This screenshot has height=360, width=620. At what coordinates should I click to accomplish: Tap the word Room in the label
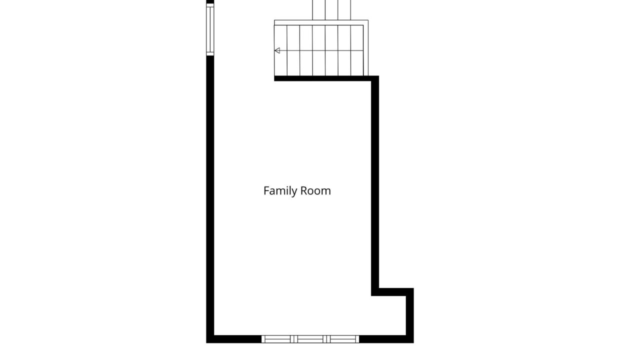pos(315,190)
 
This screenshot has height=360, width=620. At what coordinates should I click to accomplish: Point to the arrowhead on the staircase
pos(277,50)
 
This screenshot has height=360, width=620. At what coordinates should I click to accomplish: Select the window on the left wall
pos(210,29)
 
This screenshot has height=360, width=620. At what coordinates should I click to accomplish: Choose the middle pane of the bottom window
pos(310,339)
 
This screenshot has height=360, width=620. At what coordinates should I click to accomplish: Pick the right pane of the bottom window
pos(342,339)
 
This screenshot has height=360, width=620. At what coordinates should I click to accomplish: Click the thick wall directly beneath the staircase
pos(322,78)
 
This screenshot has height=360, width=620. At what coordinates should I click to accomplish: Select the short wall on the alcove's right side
pos(410,315)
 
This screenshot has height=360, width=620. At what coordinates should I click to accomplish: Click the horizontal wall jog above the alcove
pos(392,292)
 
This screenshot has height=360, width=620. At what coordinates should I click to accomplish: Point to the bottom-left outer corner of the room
pos(206,343)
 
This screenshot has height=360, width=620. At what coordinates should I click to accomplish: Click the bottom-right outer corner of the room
pos(413,343)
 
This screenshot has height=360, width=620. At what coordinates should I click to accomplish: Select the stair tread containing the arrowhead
pos(280,50)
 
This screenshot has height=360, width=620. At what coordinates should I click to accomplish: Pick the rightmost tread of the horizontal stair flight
pos(357,50)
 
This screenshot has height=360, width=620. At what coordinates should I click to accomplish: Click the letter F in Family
pos(266,190)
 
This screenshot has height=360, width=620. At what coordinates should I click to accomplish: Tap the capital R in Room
pos(303,190)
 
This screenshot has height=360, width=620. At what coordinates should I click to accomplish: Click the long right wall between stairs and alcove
pos(375,185)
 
